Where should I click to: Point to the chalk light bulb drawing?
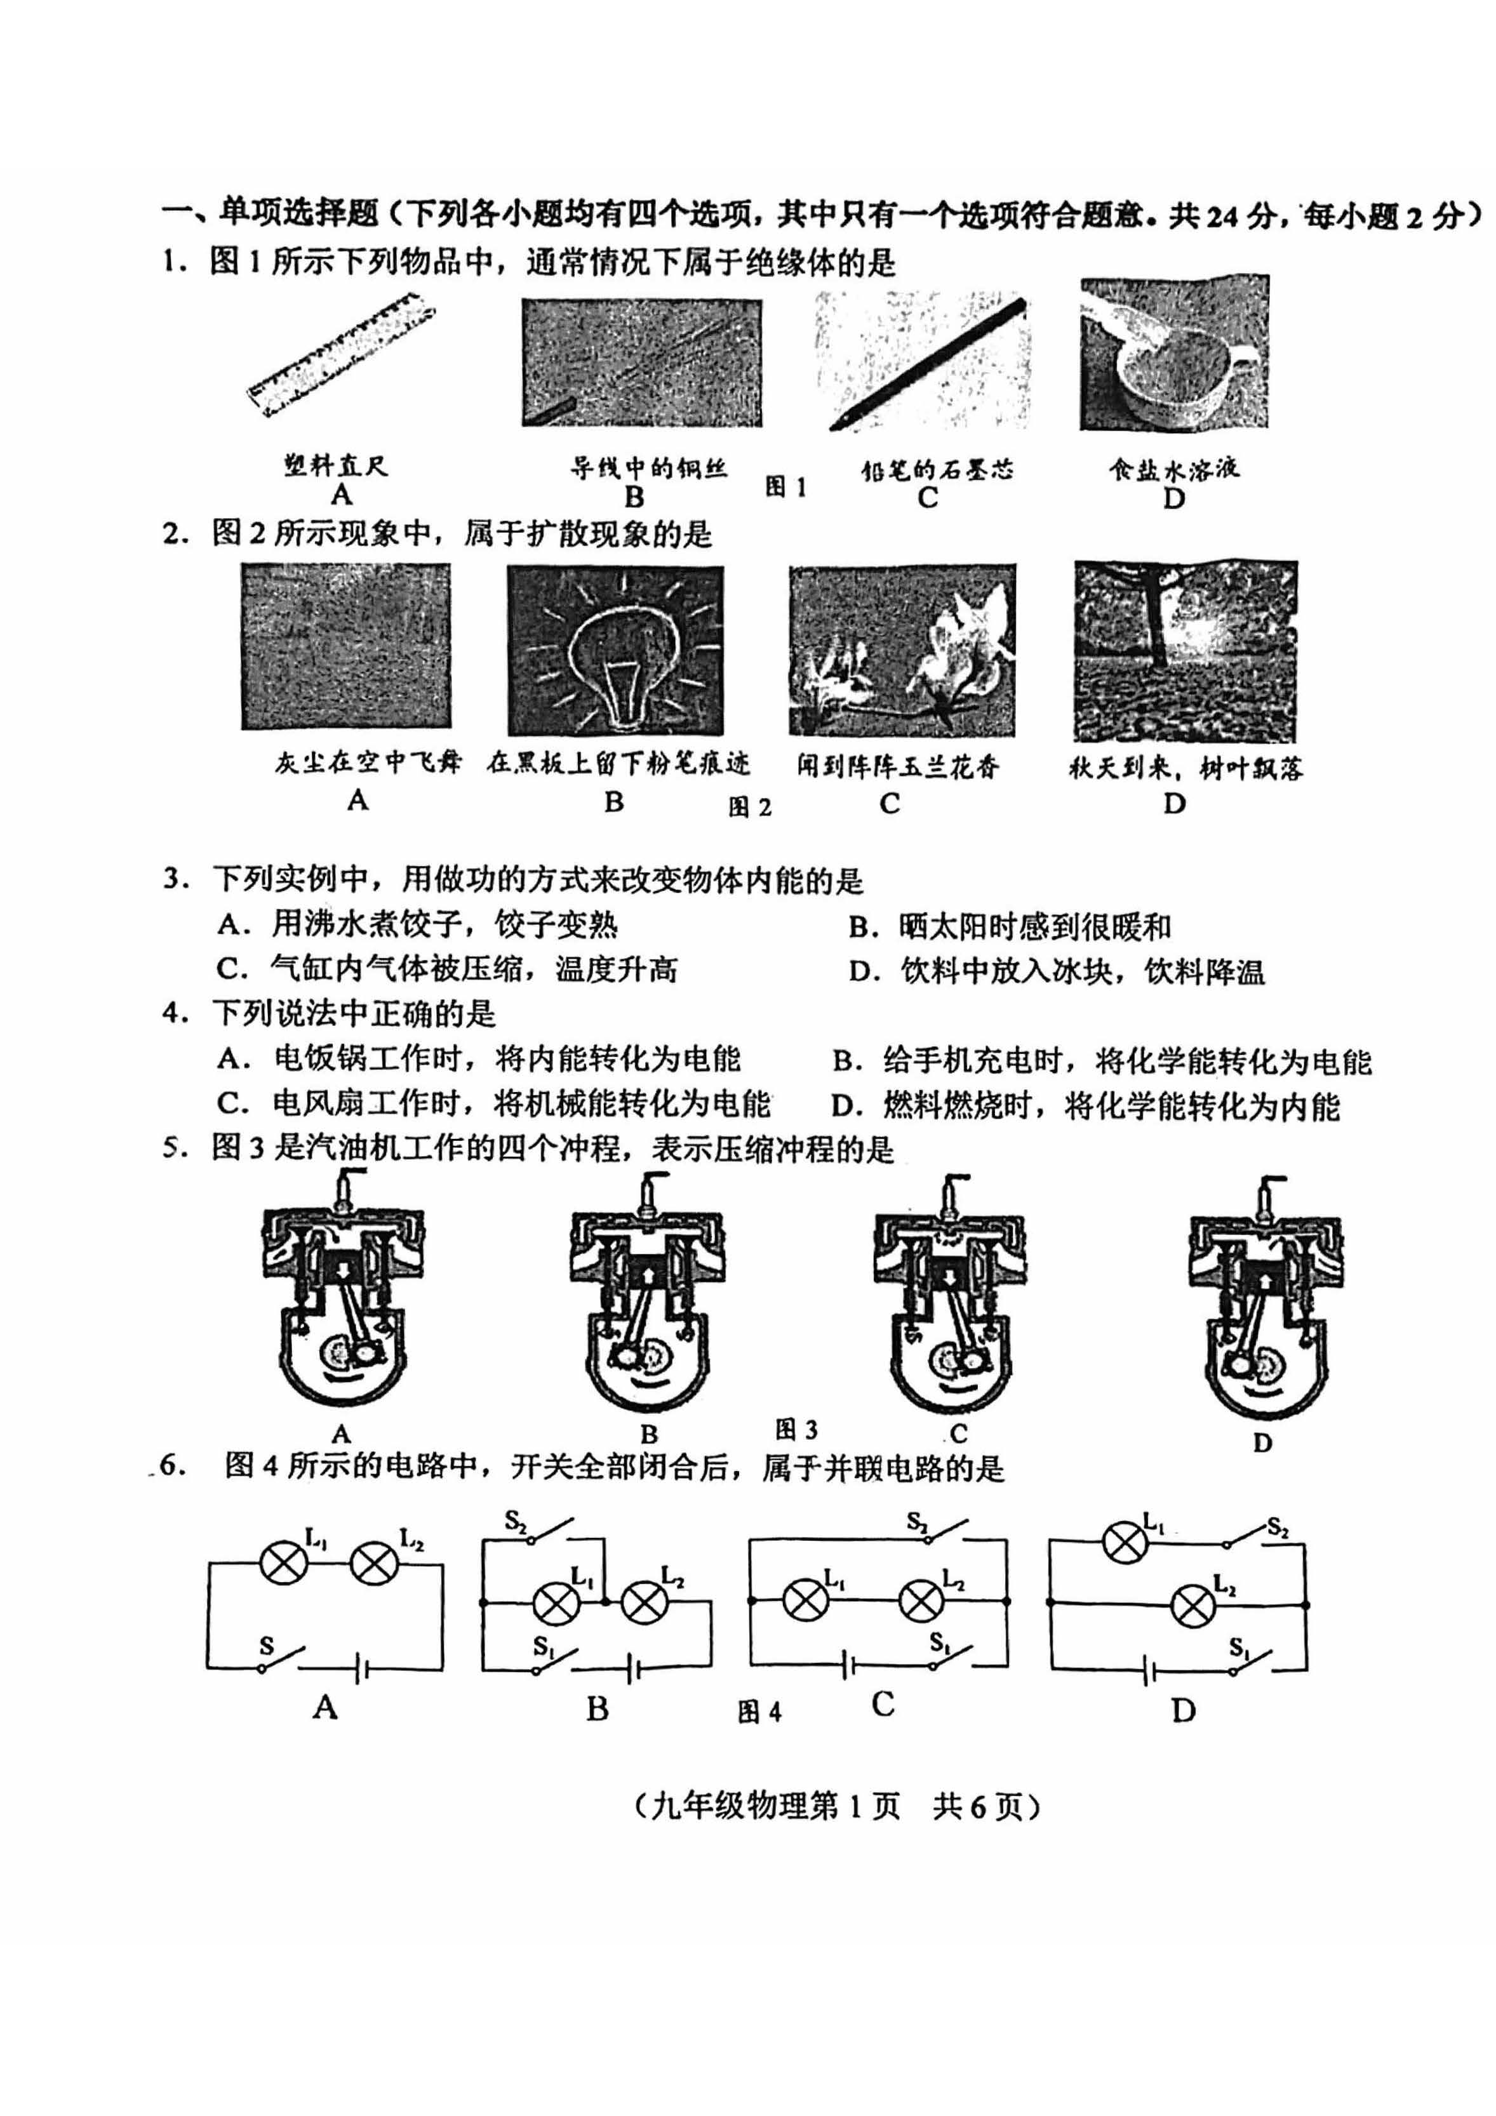pyautogui.click(x=615, y=649)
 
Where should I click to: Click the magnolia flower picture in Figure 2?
pyautogui.click(x=902, y=649)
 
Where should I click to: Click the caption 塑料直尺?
pyautogui.click(x=335, y=465)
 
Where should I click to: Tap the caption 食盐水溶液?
pyautogui.click(x=1173, y=469)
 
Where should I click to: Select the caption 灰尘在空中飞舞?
pyautogui.click(x=368, y=763)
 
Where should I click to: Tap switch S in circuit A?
pyautogui.click(x=279, y=1659)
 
